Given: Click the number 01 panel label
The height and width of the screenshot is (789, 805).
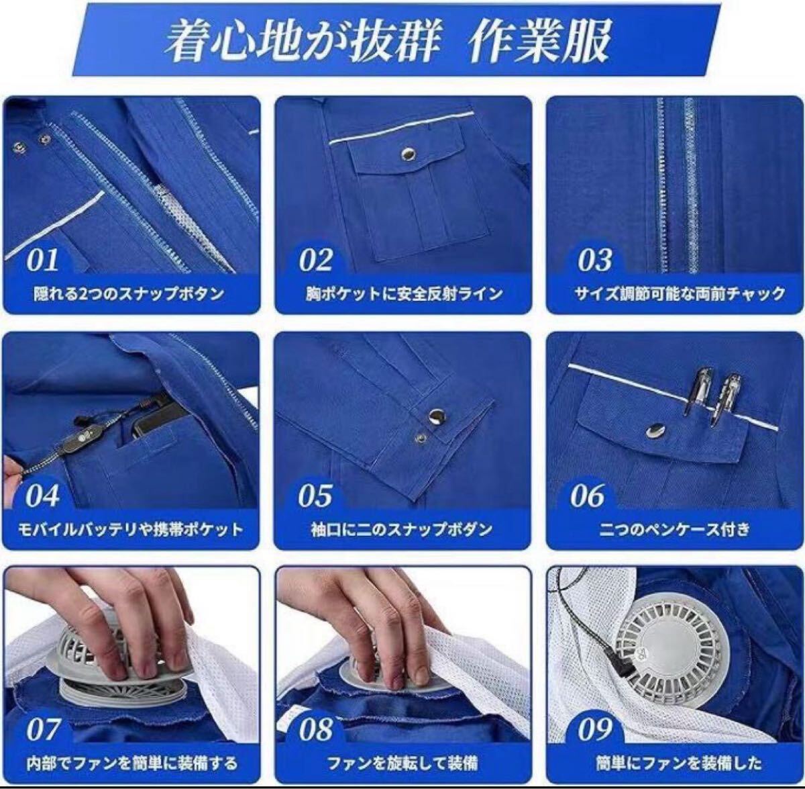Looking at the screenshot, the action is [x=43, y=261].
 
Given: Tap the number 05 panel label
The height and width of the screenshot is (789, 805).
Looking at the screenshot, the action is [x=315, y=496].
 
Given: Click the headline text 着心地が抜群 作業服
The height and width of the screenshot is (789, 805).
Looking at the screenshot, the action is [x=388, y=41].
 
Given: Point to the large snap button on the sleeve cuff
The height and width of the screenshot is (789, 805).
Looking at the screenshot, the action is [x=436, y=416].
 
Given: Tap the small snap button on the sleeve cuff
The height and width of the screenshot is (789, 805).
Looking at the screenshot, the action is [x=419, y=438].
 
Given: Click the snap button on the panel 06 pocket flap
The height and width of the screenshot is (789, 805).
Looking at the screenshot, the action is [x=654, y=429].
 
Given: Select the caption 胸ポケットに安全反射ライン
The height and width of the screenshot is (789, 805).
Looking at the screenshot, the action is [x=404, y=293].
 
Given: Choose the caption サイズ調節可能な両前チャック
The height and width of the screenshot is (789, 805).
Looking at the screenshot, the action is [x=680, y=293].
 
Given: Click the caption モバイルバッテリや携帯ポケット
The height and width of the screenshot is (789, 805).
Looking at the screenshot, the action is [x=131, y=530].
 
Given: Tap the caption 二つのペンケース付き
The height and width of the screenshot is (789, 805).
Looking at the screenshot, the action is [x=675, y=530].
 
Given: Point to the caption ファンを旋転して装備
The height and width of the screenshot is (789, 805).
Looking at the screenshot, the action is [x=402, y=764].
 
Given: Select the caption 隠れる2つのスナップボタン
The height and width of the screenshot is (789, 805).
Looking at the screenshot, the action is [x=129, y=293].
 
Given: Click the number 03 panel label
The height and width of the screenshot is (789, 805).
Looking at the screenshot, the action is [x=595, y=261].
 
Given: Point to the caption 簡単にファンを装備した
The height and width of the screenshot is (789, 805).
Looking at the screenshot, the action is [x=680, y=764].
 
